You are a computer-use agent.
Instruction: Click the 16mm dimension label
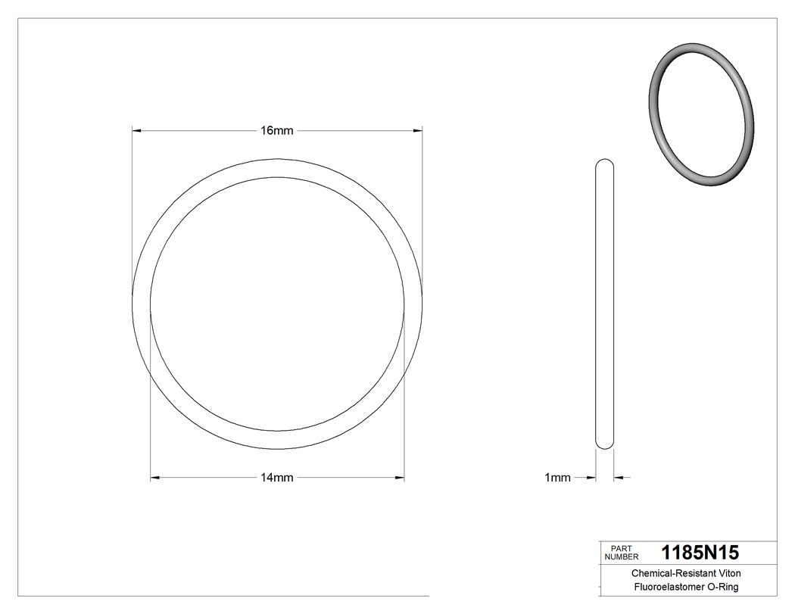coord(276,130)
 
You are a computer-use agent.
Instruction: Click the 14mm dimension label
coord(276,478)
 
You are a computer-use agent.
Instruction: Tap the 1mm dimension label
coord(557,478)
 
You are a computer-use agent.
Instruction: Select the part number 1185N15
coord(700,552)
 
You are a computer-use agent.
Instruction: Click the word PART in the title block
coord(621,547)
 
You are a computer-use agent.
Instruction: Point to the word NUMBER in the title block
coord(621,556)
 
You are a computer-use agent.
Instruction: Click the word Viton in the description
coord(728,574)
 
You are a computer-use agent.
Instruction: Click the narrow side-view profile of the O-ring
coord(605,303)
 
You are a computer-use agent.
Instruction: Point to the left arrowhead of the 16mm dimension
coord(137,130)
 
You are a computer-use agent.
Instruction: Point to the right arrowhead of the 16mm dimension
coord(417,130)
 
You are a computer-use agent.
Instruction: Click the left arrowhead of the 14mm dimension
coord(155,478)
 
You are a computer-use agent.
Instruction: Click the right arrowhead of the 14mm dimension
coord(399,478)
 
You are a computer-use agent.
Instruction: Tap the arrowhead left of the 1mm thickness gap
coord(591,478)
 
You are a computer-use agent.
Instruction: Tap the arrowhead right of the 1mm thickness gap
coord(619,478)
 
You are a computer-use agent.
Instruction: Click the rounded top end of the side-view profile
coord(605,163)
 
